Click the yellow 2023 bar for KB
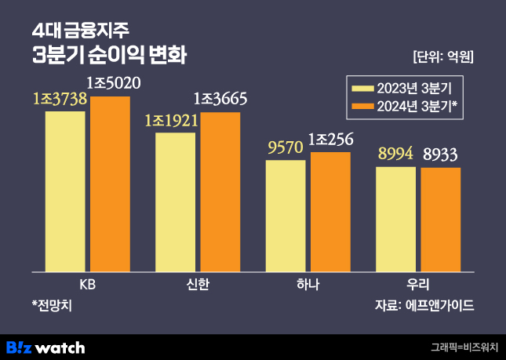[65, 191]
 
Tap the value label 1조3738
[60, 99]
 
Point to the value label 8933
[441, 155]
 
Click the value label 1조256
[331, 139]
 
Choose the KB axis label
[88, 284]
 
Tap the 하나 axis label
[308, 284]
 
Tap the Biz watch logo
[45, 346]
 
